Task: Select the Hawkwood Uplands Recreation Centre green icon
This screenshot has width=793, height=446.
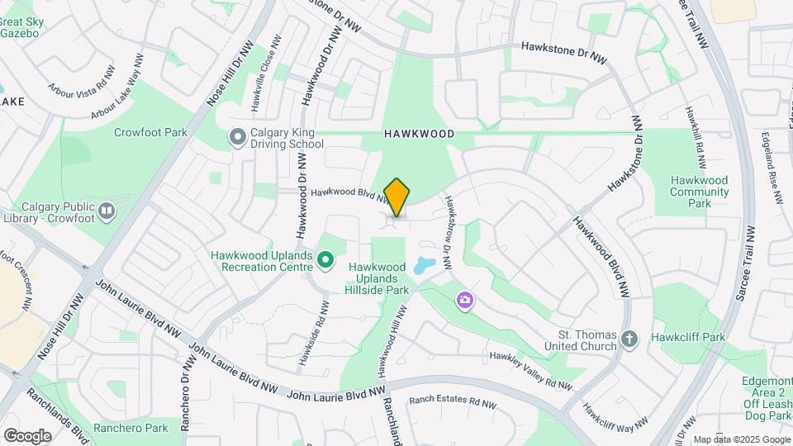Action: [325, 262]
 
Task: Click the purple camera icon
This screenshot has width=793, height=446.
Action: [465, 299]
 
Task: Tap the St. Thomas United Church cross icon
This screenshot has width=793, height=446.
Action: [629, 339]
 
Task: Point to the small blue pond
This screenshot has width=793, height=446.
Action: [423, 266]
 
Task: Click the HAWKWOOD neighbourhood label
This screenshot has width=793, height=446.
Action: [419, 133]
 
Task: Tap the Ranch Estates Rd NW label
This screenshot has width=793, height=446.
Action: [452, 403]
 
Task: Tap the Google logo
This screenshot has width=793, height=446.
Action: [27, 435]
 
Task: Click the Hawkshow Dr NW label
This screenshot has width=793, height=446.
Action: [449, 234]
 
